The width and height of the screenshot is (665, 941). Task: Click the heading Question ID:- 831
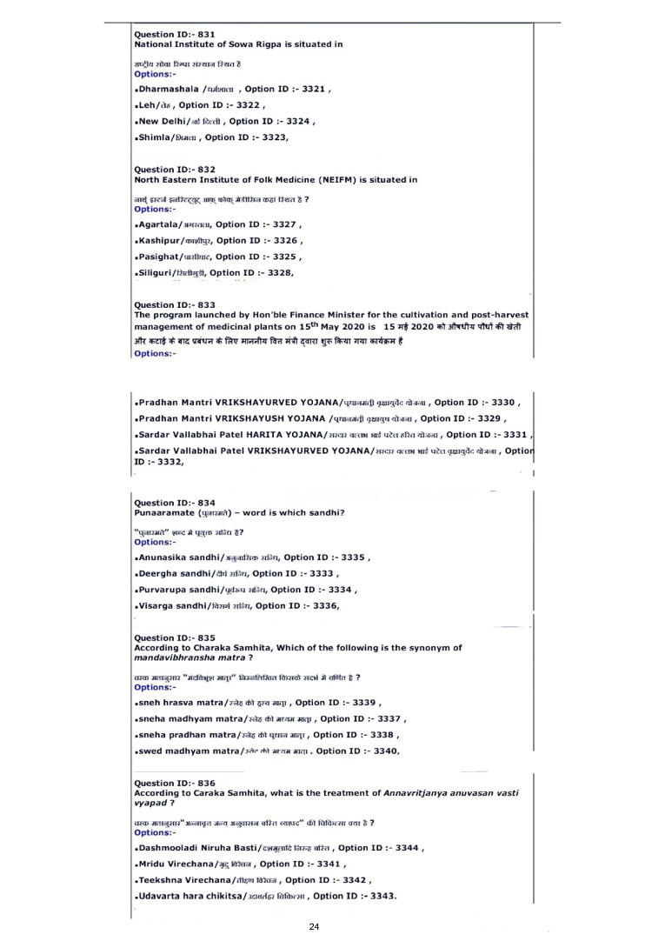click(x=174, y=35)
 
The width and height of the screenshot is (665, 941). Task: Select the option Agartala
click(x=161, y=224)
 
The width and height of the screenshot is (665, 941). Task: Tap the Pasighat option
click(x=163, y=257)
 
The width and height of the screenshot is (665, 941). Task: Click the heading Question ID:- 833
click(x=174, y=304)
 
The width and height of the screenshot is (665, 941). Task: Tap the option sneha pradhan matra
click(x=179, y=735)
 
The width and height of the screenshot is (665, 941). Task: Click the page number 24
click(x=315, y=927)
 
